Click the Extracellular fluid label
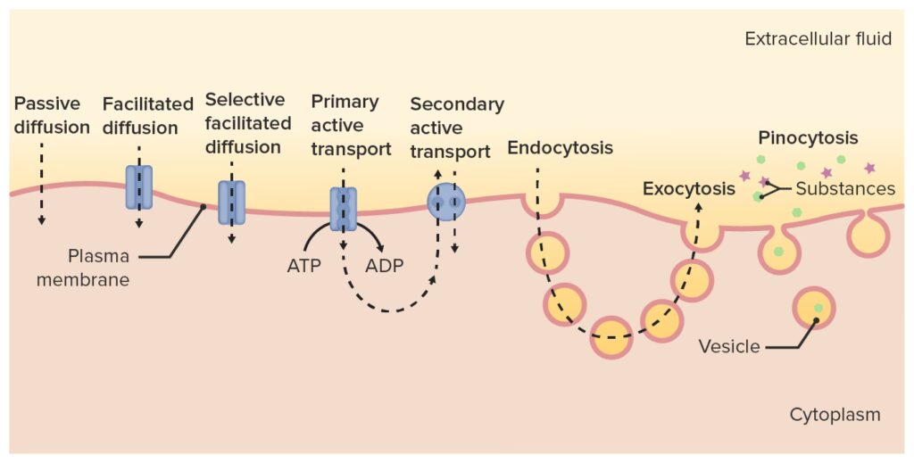point(818,39)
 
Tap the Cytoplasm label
point(835,415)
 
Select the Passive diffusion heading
point(52,115)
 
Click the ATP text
point(304,266)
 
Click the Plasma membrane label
point(99,268)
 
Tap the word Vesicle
point(729,346)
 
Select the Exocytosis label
point(689,189)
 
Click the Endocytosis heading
point(560,148)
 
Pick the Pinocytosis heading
point(808,138)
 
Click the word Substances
point(845,188)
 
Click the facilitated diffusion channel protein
point(139,187)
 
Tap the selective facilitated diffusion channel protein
point(231,202)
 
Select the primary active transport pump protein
point(343,210)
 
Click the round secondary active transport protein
point(445,202)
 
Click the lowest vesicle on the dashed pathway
point(611,336)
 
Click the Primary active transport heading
point(351,125)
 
